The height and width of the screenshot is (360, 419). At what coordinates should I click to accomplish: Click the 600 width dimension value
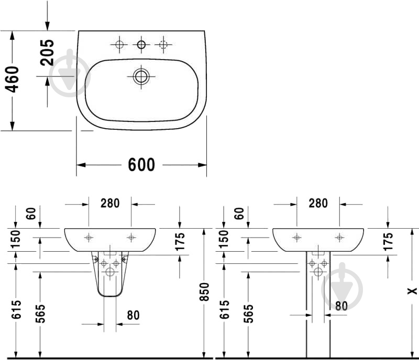[141, 165]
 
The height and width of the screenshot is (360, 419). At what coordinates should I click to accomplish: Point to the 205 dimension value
[47, 52]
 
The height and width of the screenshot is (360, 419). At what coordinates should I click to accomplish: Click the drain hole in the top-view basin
[141, 77]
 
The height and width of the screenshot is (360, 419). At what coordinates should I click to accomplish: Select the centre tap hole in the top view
[141, 45]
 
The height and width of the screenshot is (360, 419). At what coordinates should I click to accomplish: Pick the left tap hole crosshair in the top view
[119, 45]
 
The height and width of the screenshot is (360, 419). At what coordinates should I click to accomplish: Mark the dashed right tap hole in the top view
[163, 45]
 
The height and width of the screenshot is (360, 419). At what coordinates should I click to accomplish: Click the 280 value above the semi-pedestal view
[110, 203]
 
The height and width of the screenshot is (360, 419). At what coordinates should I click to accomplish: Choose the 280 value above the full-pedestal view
[318, 203]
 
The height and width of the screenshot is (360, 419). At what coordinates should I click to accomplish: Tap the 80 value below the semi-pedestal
[133, 315]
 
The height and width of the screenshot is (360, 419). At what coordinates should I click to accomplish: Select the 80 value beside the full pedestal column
[341, 306]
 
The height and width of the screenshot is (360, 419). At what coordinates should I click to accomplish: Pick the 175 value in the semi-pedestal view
[180, 242]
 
